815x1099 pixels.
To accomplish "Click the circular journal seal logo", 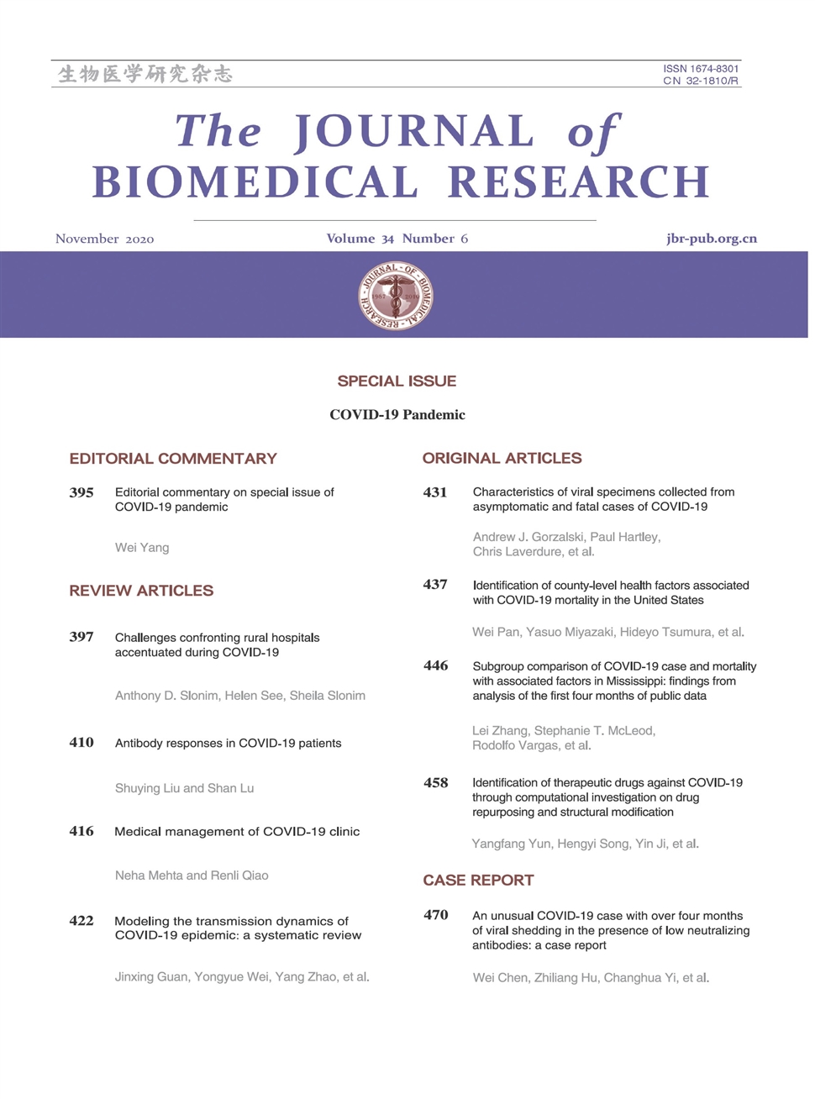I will (396, 295).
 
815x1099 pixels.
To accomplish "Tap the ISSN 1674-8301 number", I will (701, 69).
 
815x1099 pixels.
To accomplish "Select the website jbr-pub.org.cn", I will (711, 239).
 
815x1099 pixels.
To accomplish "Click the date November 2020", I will (104, 239).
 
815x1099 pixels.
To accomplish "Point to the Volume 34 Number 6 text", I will (397, 239).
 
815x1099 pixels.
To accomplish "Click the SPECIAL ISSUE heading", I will (397, 381).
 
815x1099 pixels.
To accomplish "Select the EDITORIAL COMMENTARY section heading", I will (173, 459).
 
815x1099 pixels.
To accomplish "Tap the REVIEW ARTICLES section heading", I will (141, 591).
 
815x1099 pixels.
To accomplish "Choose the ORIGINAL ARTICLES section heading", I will (502, 458).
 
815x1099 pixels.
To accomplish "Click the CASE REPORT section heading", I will (478, 881).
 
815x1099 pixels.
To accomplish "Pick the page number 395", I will (81, 492).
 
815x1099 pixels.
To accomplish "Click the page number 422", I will (81, 921).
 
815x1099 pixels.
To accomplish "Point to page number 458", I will (435, 783).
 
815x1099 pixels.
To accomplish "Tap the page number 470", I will (435, 915).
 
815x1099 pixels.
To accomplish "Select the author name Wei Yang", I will (142, 548).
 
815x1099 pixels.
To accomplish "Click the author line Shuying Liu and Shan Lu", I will (184, 788).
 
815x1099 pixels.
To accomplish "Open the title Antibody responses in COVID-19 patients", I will (228, 744).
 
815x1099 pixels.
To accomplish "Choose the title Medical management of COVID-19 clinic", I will (237, 832).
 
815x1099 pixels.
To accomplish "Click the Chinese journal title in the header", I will (145, 74).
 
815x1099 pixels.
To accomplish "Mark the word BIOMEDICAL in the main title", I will (255, 182).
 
